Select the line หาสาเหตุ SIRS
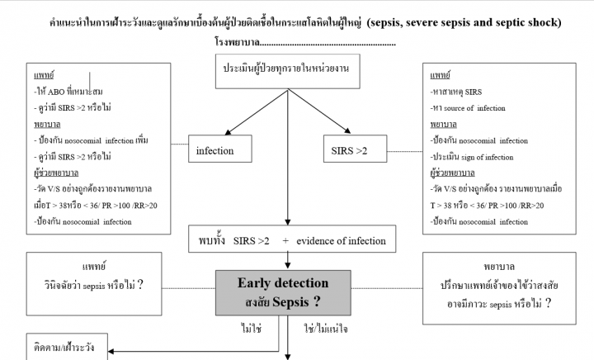click(460, 89)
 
